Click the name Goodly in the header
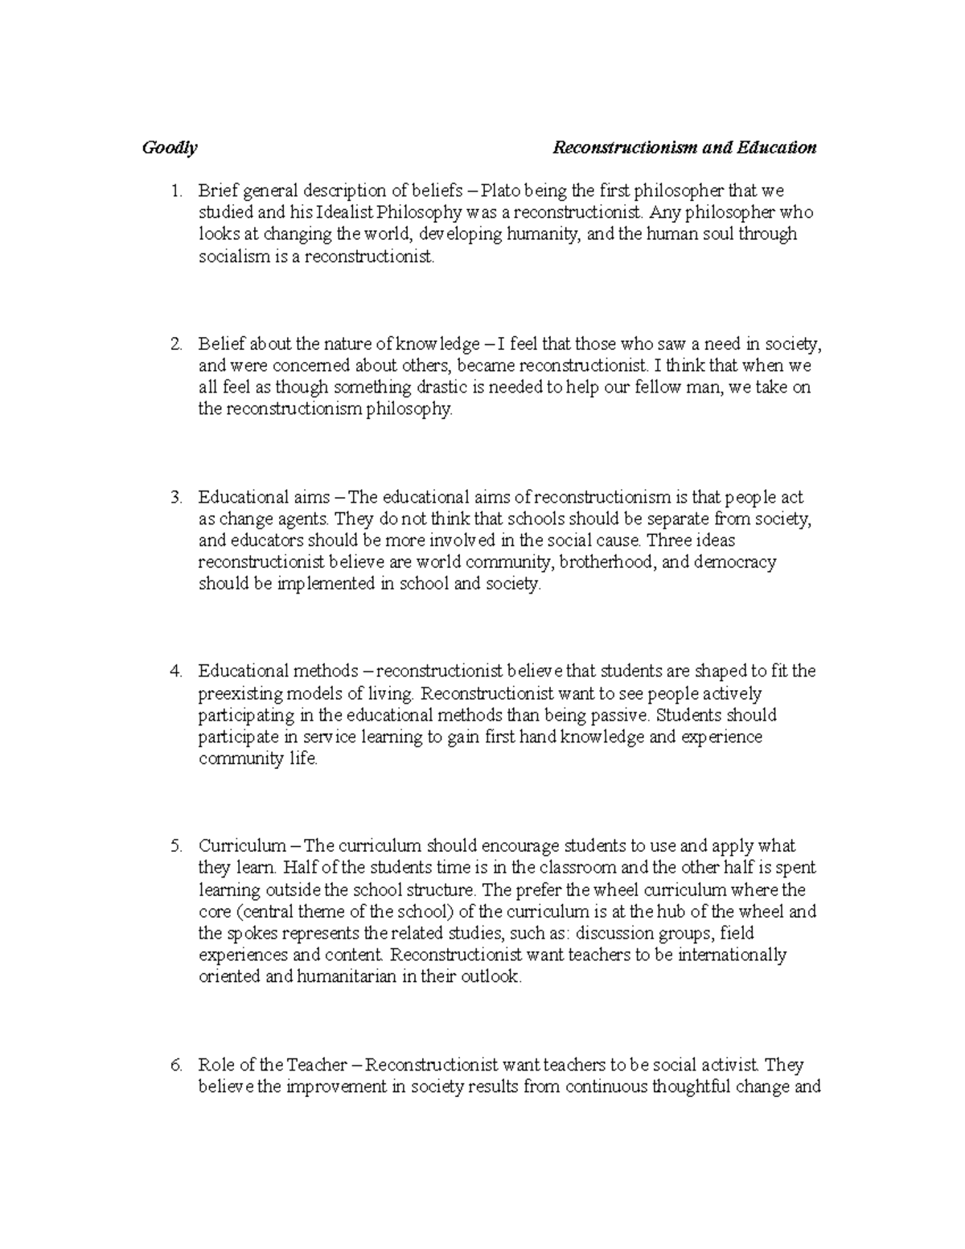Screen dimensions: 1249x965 169,148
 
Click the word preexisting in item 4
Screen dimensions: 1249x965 238,694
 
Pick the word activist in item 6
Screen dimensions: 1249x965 728,1066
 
